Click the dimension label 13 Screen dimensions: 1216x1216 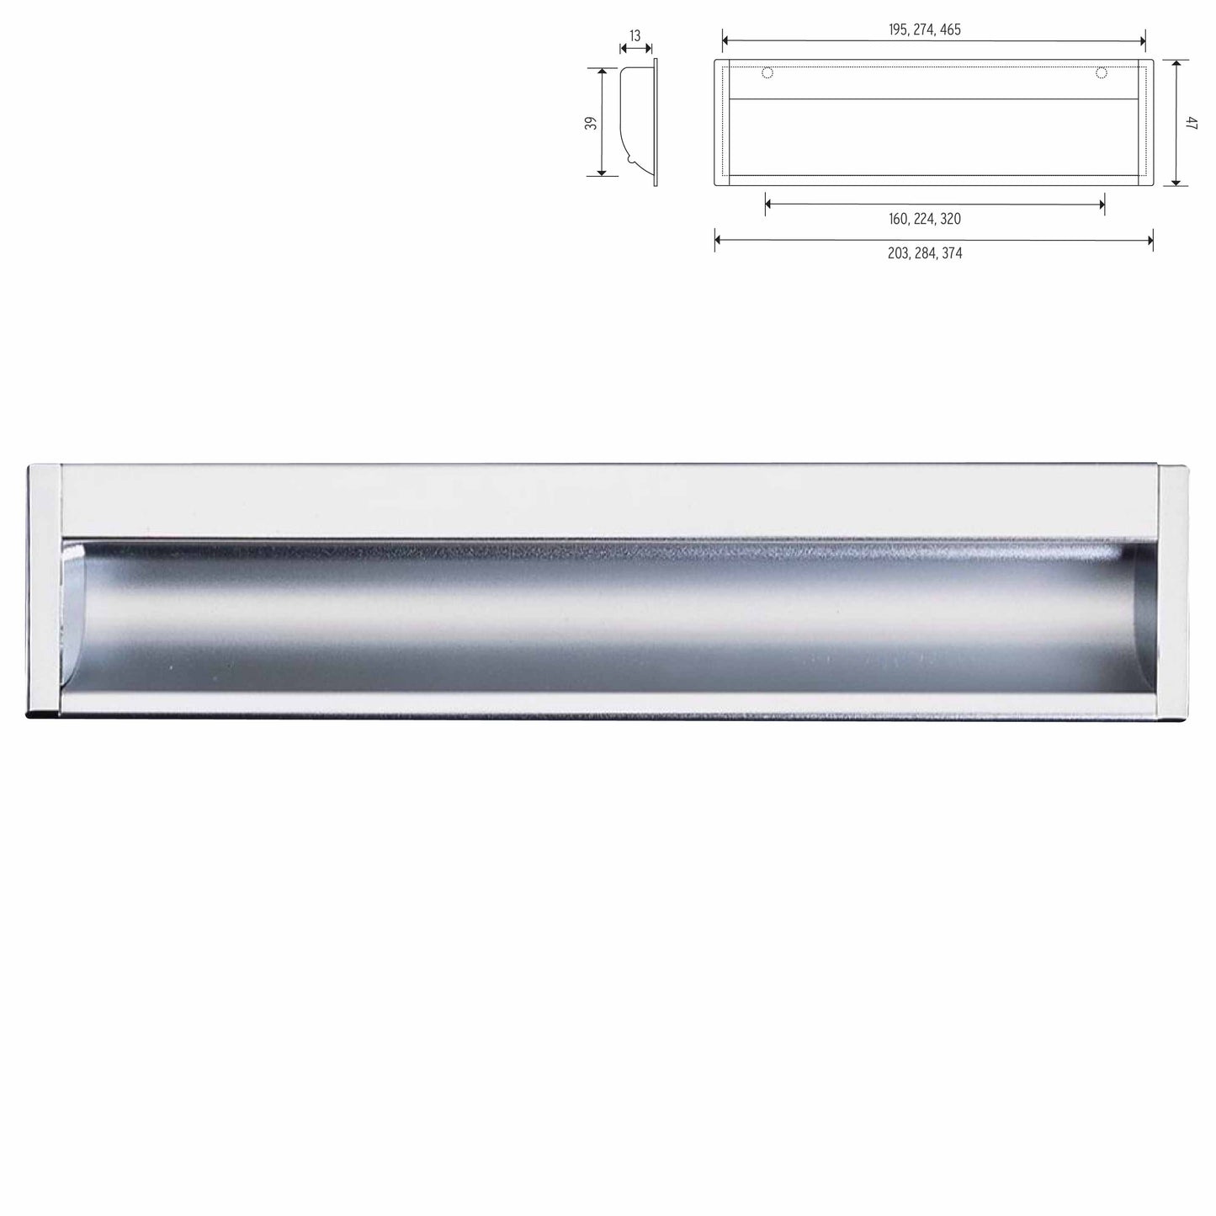point(635,36)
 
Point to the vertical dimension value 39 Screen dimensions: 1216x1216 point(592,122)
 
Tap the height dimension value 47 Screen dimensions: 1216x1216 point(1191,123)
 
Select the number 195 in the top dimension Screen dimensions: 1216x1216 point(898,29)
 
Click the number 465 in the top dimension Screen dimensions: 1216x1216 point(950,29)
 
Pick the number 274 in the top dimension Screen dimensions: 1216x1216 point(923,29)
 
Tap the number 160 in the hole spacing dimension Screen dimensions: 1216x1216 point(898,219)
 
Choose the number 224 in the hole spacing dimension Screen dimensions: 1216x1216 point(924,219)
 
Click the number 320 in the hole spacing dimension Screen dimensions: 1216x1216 point(950,219)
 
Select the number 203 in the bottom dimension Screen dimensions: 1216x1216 point(898,253)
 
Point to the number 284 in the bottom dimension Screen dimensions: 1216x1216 point(924,253)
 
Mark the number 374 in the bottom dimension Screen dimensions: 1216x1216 point(951,253)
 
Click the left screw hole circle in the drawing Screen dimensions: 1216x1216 point(767,73)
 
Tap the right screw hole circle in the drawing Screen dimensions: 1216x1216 point(1101,73)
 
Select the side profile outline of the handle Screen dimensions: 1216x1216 point(640,122)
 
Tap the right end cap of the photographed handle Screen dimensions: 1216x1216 point(1174,589)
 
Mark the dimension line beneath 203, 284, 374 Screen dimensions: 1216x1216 point(933,241)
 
